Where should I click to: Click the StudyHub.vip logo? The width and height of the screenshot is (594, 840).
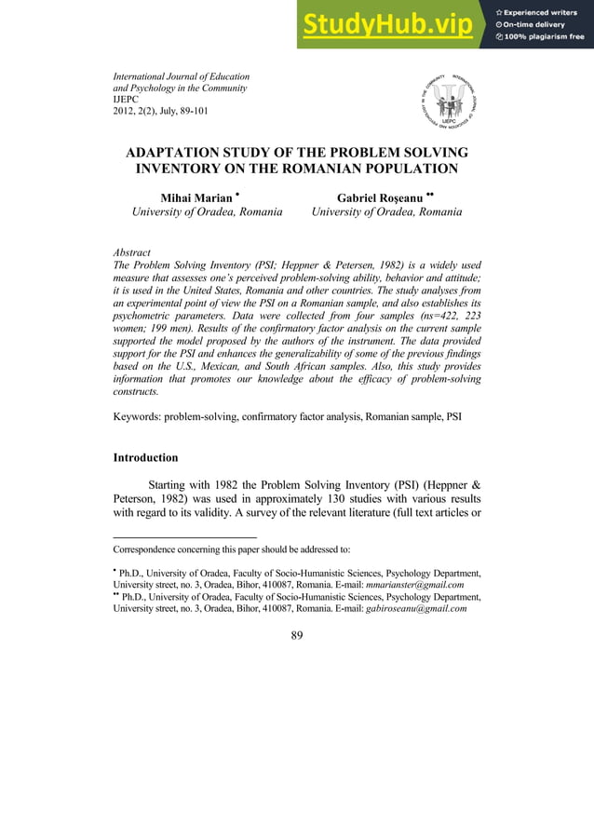click(x=392, y=25)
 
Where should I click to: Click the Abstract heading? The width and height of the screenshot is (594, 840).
click(x=131, y=252)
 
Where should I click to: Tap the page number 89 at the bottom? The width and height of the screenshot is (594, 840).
click(x=297, y=635)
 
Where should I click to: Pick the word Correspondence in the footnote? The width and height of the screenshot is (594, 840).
click(x=148, y=549)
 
